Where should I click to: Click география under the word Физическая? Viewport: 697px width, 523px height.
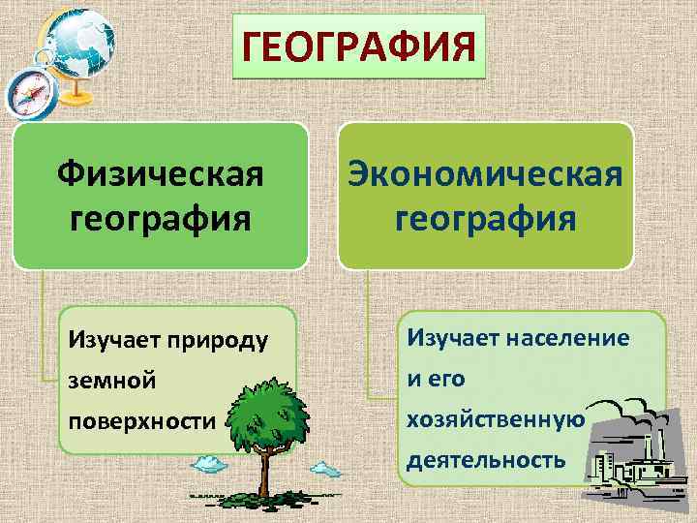point(160,217)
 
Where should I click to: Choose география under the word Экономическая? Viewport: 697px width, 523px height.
point(485,217)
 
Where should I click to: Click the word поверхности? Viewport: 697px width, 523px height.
point(141,422)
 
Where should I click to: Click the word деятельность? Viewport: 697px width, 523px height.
point(485,459)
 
